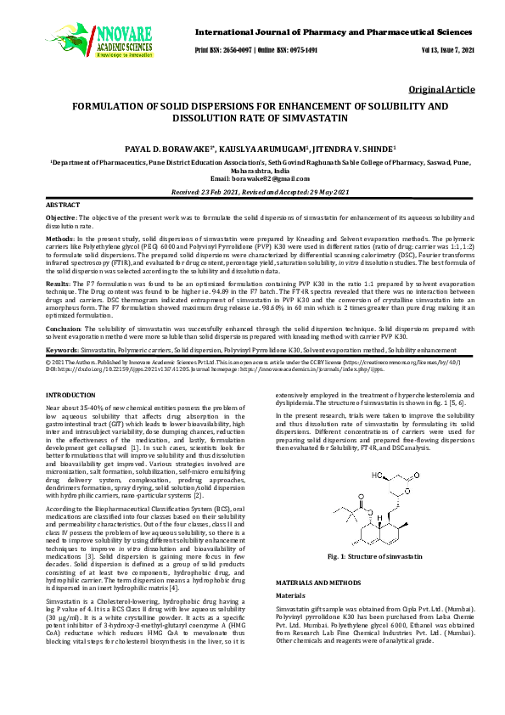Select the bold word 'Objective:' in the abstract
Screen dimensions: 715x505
61,219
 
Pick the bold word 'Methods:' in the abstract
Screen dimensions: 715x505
59,241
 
